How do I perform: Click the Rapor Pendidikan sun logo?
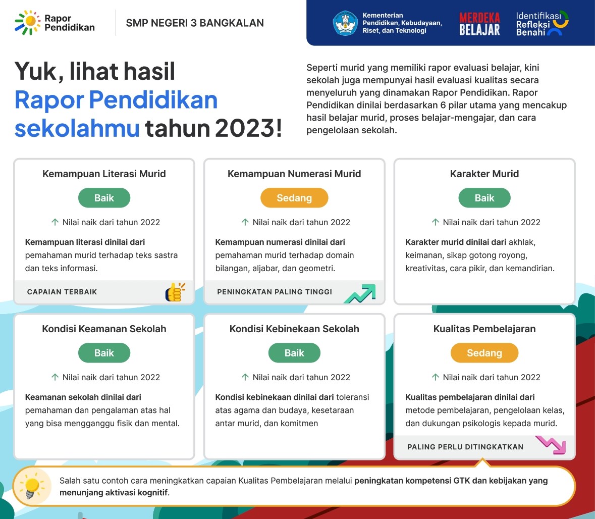point(28,23)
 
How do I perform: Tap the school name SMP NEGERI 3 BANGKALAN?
point(195,23)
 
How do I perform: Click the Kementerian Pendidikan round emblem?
point(345,23)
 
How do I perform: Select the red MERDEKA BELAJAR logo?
point(479,24)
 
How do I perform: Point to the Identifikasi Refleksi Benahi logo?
point(542,24)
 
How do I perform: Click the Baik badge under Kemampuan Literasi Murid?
point(104,198)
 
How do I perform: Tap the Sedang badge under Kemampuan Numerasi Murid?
point(294,198)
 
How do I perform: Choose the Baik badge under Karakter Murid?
point(484,198)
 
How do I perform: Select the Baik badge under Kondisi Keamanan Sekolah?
point(104,353)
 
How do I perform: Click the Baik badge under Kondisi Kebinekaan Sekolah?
point(294,353)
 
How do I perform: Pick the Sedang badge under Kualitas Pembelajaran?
point(484,353)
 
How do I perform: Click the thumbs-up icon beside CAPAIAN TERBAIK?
point(175,292)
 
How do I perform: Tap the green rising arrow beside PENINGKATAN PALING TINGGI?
point(360,293)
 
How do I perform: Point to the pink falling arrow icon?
point(551,445)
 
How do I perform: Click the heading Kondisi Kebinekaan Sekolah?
point(294,329)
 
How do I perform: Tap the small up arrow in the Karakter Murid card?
point(436,222)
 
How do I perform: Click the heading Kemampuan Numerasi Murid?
point(294,174)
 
